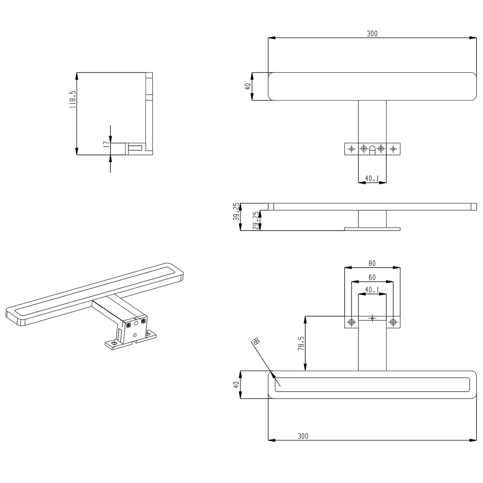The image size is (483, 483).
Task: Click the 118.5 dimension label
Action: pyautogui.click(x=72, y=99)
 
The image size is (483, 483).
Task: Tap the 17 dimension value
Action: pyautogui.click(x=106, y=145)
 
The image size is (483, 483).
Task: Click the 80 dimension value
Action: pyautogui.click(x=372, y=264)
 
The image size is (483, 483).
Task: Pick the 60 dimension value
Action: pyautogui.click(x=372, y=278)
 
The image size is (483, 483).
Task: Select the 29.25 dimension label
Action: pyautogui.click(x=256, y=221)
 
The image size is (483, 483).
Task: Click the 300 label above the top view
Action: pyautogui.click(x=372, y=34)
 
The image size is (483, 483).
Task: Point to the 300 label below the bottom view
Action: pyautogui.click(x=303, y=436)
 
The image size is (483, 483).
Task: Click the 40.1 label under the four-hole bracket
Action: pyautogui.click(x=372, y=178)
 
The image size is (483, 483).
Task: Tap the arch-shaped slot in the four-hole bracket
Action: pyautogui.click(x=372, y=149)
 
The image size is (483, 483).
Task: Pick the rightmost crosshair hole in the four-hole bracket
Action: pyautogui.click(x=393, y=149)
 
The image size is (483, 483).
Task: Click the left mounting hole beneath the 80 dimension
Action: pyautogui.click(x=352, y=322)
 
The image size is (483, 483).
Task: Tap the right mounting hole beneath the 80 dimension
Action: pyautogui.click(x=393, y=322)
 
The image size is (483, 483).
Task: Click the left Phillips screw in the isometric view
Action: pyautogui.click(x=129, y=325)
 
